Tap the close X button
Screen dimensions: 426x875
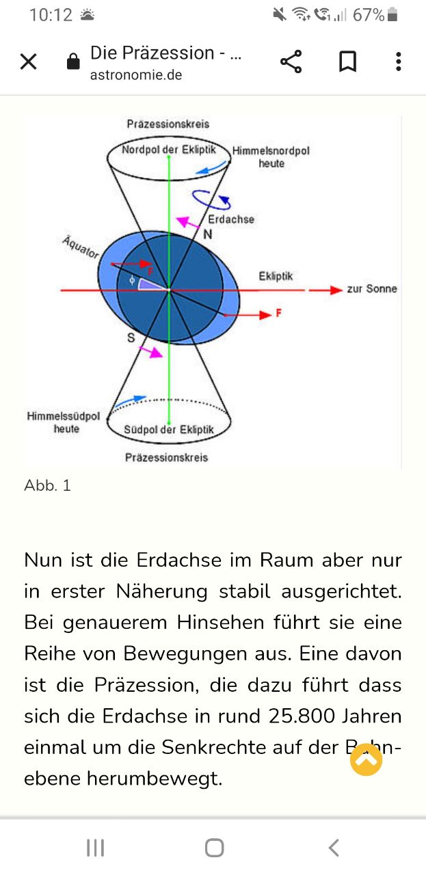29,62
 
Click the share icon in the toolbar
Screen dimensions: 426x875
291,62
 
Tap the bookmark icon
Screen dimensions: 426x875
347,62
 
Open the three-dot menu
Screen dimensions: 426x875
398,62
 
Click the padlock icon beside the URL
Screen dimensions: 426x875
73,62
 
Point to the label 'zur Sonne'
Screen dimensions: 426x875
372,288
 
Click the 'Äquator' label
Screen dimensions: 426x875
81,247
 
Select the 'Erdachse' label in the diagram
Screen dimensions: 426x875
231,219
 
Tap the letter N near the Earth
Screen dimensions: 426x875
208,234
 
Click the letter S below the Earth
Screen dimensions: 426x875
131,338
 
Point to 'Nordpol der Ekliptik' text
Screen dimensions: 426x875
169,150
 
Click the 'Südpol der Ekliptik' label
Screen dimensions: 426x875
169,430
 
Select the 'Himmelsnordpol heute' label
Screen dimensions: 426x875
271,157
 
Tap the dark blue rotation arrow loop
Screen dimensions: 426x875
211,200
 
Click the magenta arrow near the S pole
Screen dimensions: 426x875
150,351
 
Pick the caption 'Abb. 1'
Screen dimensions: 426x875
47,485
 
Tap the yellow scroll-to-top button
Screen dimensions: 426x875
367,759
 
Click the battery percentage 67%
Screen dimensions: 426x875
369,15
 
